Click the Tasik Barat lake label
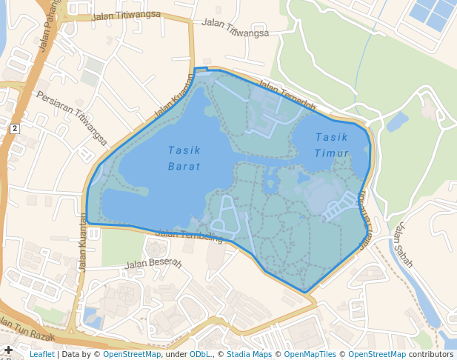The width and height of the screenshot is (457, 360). click(184, 158)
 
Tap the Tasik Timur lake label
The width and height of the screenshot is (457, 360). click(331, 145)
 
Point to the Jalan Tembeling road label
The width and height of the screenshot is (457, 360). click(190, 236)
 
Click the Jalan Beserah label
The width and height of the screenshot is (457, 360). click(153, 263)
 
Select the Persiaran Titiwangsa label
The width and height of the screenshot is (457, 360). click(72, 119)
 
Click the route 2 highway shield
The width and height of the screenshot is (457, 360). click(14, 128)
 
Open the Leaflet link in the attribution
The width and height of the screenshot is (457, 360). click(41, 355)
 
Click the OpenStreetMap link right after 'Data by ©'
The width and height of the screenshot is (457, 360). click(132, 355)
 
